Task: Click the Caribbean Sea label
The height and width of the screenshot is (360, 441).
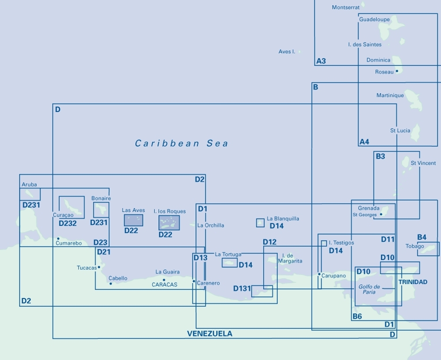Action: (182, 143)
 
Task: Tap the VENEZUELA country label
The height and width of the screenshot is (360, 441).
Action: (209, 334)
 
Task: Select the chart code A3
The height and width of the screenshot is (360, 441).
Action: (321, 61)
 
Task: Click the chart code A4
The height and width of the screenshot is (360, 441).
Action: (364, 142)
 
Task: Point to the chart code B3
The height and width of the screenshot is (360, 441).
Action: (380, 156)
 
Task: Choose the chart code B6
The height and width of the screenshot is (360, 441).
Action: (357, 316)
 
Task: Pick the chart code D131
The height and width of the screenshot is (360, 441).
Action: (242, 289)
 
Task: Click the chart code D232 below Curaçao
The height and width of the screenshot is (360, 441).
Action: (67, 223)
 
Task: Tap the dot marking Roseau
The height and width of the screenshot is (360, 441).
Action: (397, 71)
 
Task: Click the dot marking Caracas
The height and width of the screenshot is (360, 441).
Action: (164, 280)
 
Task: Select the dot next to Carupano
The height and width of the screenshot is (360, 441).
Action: (319, 274)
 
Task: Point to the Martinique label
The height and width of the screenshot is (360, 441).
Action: (390, 95)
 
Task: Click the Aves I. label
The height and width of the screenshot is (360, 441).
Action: (287, 52)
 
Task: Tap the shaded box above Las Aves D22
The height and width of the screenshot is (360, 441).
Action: (133, 220)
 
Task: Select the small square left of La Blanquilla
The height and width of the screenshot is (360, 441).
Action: (260, 223)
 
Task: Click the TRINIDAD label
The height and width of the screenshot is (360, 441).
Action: (413, 282)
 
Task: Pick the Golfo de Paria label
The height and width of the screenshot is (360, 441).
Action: (369, 289)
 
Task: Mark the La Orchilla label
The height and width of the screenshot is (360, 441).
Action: (211, 225)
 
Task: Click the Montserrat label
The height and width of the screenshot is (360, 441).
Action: (346, 7)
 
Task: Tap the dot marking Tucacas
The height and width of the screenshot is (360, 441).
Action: (99, 267)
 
